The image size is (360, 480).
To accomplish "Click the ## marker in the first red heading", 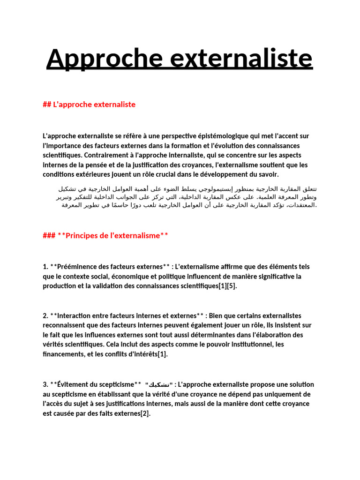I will click(46, 105).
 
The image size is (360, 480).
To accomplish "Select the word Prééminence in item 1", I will click(80, 267).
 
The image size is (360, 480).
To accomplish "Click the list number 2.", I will click(45, 315).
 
